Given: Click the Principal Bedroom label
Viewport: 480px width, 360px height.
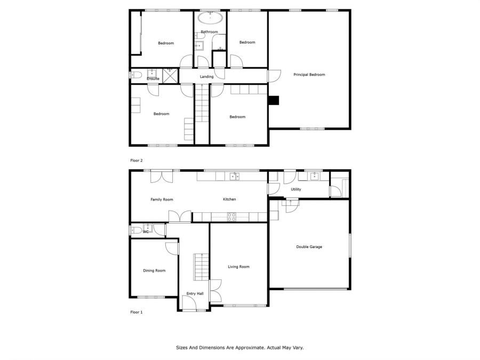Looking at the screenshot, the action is coord(309,75).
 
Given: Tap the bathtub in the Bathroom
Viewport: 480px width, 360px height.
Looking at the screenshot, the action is coord(210,18).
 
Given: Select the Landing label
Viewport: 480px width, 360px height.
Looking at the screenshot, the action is coord(206,76).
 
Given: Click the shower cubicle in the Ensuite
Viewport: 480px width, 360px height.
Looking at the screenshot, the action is coord(170,76).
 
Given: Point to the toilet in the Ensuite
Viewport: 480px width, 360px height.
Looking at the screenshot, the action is coord(136,75).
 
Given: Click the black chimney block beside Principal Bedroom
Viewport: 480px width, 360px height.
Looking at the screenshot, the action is coord(274,100).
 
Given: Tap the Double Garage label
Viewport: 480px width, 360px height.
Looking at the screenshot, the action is coord(309,247).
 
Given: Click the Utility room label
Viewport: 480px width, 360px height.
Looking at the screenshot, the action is coord(295,189).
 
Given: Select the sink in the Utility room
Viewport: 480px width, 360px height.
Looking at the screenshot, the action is coord(314,176).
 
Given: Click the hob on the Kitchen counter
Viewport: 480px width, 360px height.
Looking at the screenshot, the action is coord(232,217).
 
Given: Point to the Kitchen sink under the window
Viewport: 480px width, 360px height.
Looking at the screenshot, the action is coord(235,177).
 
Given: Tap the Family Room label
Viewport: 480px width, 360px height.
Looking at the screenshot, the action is coord(162,199).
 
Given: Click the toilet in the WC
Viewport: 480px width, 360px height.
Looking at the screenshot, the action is coord(137,229).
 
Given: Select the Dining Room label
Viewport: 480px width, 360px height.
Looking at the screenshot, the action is coord(154,270).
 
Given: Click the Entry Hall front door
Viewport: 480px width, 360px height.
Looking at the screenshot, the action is coord(189,303).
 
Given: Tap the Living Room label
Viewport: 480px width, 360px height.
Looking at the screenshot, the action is coord(238,267).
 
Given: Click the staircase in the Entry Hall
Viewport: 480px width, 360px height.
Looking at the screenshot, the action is coord(201,267).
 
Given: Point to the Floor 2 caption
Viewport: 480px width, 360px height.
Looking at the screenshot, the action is coord(137,161).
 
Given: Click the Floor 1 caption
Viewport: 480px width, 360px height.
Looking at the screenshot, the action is coord(137,312).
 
